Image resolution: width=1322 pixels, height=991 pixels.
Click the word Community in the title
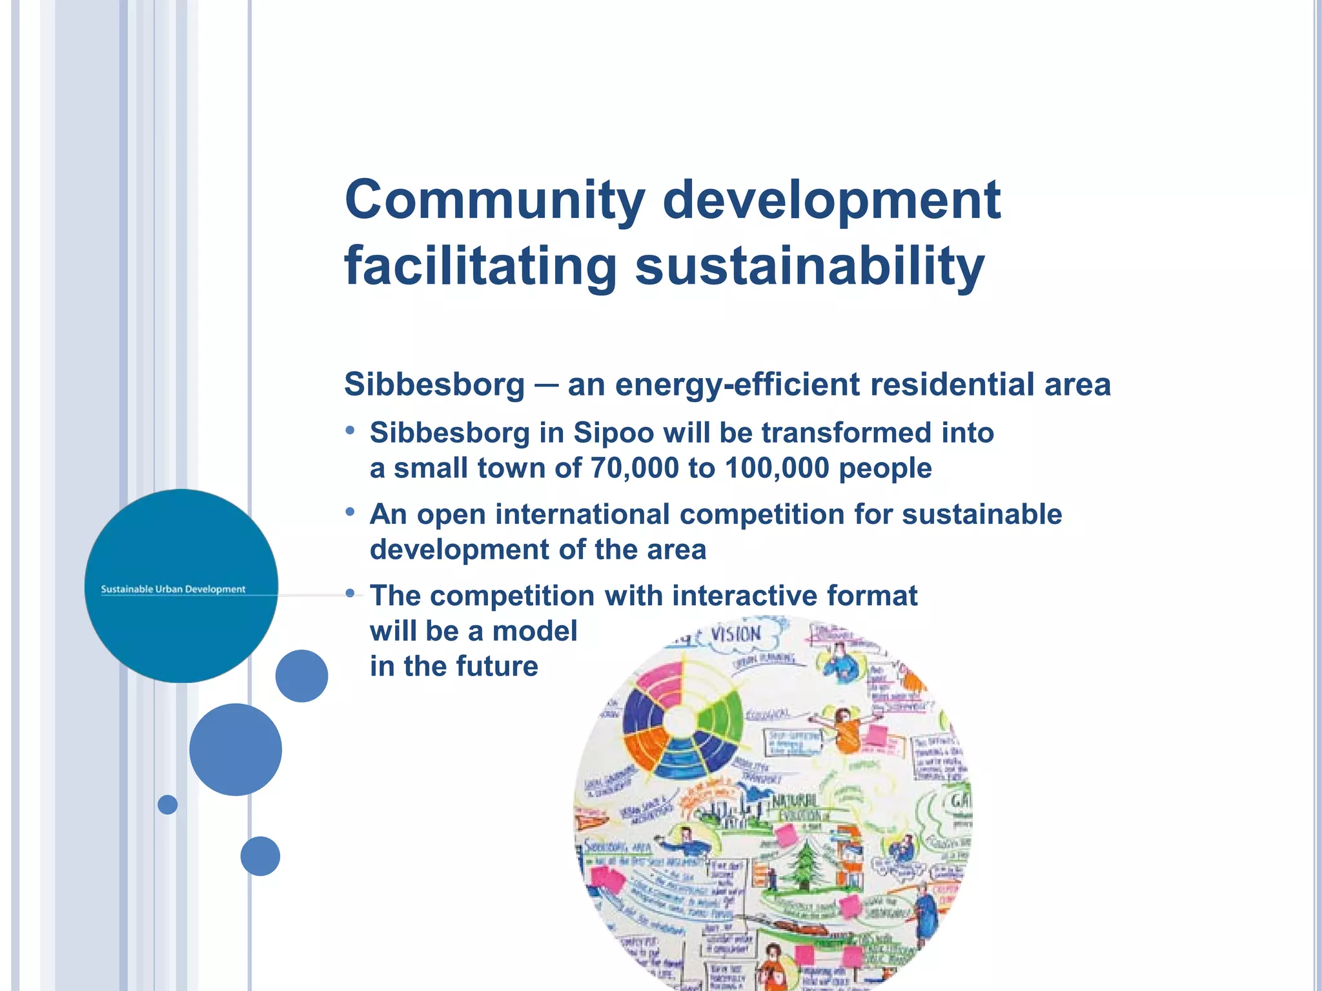click(494, 199)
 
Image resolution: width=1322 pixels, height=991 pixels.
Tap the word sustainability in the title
click(809, 266)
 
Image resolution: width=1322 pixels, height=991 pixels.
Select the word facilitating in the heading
click(480, 266)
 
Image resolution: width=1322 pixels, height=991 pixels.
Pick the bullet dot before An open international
click(350, 512)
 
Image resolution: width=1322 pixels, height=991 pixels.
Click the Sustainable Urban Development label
click(173, 589)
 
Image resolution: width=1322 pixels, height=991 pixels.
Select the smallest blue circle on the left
click(167, 805)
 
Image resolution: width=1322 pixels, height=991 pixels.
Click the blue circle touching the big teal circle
click(301, 676)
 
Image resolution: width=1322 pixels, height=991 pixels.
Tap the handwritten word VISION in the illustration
click(736, 635)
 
